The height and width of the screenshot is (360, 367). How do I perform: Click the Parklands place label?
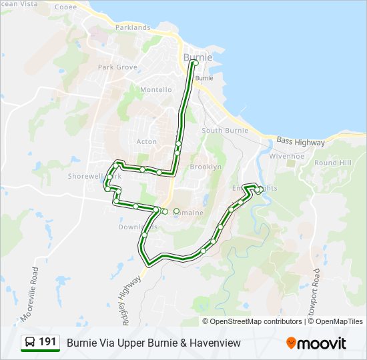(133, 27)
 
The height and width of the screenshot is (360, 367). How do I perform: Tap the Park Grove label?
(117, 67)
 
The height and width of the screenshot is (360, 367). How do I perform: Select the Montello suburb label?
(155, 89)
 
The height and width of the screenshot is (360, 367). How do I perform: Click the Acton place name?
(146, 141)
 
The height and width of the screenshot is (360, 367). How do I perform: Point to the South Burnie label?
(225, 131)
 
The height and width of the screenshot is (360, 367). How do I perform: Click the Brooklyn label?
(206, 167)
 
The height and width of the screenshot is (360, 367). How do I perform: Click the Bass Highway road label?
(300, 143)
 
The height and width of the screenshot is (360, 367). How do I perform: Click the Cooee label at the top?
(65, 7)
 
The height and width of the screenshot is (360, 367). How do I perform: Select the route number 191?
(47, 342)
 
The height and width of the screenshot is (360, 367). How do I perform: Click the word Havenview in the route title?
(215, 343)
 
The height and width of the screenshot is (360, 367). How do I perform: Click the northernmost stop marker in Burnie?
(195, 63)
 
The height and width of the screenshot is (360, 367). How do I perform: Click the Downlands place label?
(137, 227)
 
